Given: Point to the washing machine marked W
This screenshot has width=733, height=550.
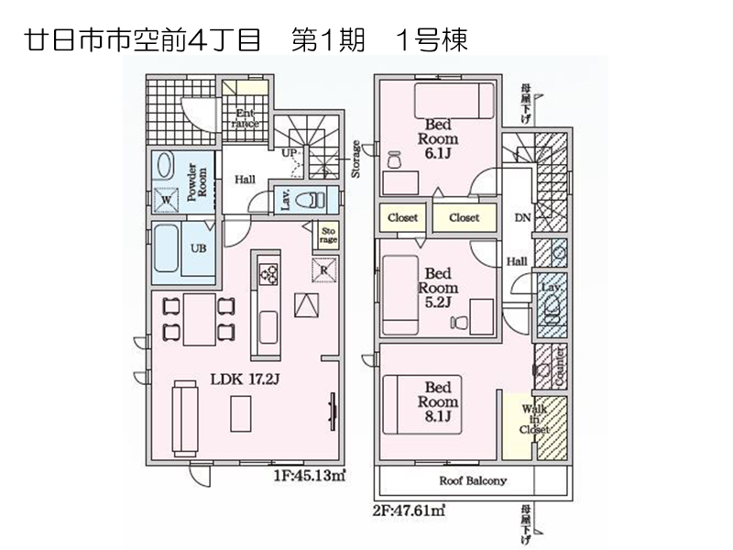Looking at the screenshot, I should pyautogui.click(x=167, y=199).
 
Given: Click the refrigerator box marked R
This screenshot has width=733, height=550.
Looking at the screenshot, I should pyautogui.click(x=324, y=269).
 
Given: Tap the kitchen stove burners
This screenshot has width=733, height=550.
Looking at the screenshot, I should pyautogui.click(x=268, y=272).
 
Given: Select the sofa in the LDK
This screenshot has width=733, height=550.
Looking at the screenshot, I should pyautogui.click(x=184, y=406).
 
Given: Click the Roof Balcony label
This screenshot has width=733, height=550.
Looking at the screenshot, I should pyautogui.click(x=473, y=480).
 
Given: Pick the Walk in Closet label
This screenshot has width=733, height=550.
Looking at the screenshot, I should pyautogui.click(x=534, y=419).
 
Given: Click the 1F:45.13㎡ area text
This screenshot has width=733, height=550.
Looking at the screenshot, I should pyautogui.click(x=309, y=475).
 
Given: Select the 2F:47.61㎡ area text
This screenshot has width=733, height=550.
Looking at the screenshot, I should pyautogui.click(x=409, y=511).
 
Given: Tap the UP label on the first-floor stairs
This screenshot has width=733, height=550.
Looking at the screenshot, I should pyautogui.click(x=289, y=152).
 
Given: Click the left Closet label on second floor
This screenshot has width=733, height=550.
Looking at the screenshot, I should pyautogui.click(x=402, y=218).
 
